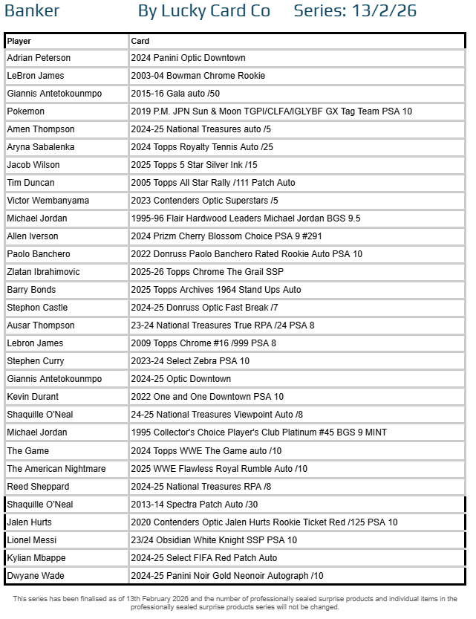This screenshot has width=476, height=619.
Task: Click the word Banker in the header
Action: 32,11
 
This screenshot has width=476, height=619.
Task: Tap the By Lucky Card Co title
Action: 204,11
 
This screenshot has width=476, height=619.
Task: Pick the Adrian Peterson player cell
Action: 39,58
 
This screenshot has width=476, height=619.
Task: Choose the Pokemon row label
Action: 26,111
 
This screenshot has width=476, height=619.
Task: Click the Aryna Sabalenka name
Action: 41,147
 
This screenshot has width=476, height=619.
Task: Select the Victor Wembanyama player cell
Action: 48,201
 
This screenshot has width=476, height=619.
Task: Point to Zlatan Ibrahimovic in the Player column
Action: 43,272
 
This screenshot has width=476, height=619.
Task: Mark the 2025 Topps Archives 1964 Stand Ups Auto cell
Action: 215,290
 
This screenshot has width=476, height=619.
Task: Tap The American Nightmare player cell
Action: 56,469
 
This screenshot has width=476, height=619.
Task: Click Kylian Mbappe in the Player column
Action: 36,558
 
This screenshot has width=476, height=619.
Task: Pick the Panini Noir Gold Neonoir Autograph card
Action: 226,576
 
